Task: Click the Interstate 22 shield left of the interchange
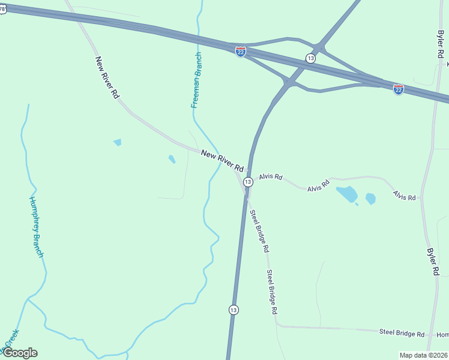point(241,52)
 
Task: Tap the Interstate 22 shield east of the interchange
point(399,89)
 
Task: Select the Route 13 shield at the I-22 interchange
point(310,58)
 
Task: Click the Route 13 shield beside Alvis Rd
point(248,181)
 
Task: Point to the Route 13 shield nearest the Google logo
point(234,310)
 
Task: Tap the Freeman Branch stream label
point(196,80)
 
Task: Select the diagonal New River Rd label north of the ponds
point(107,77)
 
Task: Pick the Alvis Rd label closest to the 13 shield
point(270,177)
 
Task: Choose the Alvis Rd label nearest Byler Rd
point(404,195)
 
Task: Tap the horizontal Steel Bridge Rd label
point(402,334)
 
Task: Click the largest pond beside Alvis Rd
point(346,194)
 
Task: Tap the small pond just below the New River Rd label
point(172,159)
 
